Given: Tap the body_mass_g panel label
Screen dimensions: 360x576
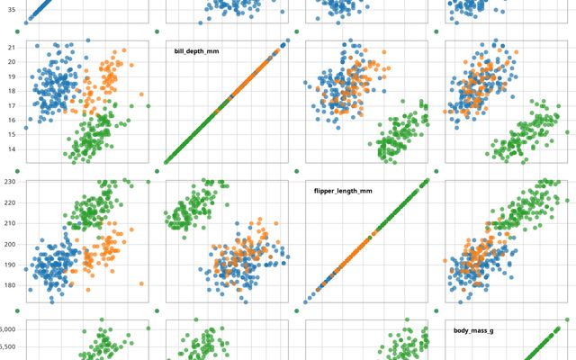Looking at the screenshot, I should click(x=472, y=330).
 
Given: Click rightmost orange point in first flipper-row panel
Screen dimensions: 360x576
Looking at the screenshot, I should click(x=141, y=284).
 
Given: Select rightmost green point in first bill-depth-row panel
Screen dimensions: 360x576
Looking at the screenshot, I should click(x=148, y=106).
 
